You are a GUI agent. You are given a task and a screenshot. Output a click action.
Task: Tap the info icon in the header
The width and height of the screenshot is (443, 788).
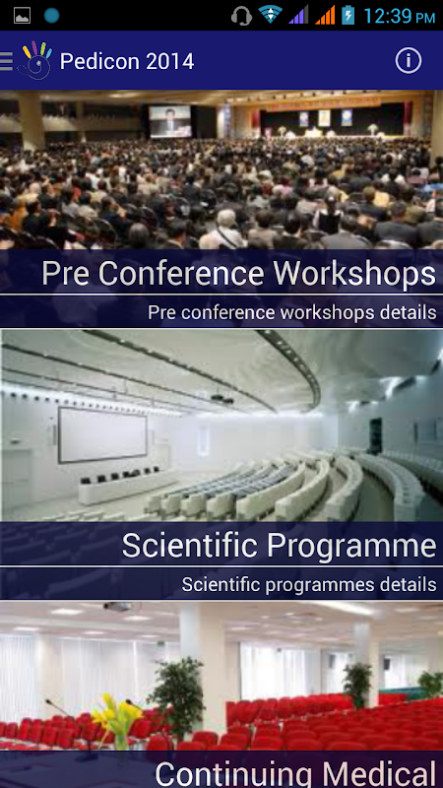tap(408, 61)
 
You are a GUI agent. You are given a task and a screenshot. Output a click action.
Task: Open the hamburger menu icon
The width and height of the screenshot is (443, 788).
tap(7, 61)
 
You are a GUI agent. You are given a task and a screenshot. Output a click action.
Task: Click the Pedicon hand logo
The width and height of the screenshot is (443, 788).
tap(35, 60)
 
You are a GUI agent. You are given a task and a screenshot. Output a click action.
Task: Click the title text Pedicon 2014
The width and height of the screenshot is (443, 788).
tap(127, 61)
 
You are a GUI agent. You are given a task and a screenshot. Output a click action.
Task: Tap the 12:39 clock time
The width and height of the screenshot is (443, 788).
tap(399, 16)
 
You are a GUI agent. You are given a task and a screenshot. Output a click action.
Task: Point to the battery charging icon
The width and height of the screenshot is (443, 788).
tap(348, 15)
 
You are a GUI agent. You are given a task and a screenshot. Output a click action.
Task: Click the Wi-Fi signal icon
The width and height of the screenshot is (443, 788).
tap(270, 15)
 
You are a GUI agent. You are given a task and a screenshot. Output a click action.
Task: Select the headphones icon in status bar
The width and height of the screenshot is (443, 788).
tap(241, 16)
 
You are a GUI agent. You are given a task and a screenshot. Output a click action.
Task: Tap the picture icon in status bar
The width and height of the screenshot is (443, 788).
tap(22, 16)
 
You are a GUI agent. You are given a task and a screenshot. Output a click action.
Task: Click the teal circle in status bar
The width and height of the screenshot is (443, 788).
tap(51, 16)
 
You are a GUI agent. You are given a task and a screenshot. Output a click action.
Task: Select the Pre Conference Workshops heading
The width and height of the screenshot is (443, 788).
tap(238, 274)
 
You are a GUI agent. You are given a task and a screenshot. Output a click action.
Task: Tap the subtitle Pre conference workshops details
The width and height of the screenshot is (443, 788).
tap(291, 312)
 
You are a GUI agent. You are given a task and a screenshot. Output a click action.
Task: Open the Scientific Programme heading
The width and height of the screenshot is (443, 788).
tap(279, 546)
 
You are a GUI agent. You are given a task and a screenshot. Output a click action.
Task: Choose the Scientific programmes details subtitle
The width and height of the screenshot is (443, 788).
tap(309, 584)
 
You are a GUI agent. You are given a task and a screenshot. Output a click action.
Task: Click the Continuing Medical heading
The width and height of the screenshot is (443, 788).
tap(295, 774)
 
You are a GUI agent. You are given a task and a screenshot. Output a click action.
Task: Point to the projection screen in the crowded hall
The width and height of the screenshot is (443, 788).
tap(169, 121)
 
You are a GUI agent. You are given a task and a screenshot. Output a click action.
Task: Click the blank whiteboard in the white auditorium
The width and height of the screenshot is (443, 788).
tap(102, 435)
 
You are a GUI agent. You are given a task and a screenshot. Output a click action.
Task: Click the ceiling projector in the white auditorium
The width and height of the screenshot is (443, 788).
tap(221, 399)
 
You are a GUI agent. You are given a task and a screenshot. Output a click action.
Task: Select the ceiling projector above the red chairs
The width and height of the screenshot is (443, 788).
tap(117, 607)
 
